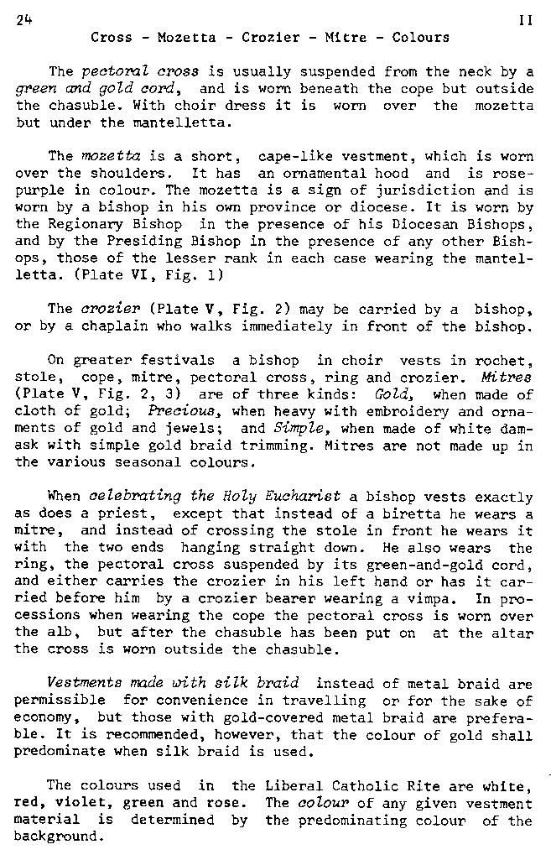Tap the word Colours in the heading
coord(420,38)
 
